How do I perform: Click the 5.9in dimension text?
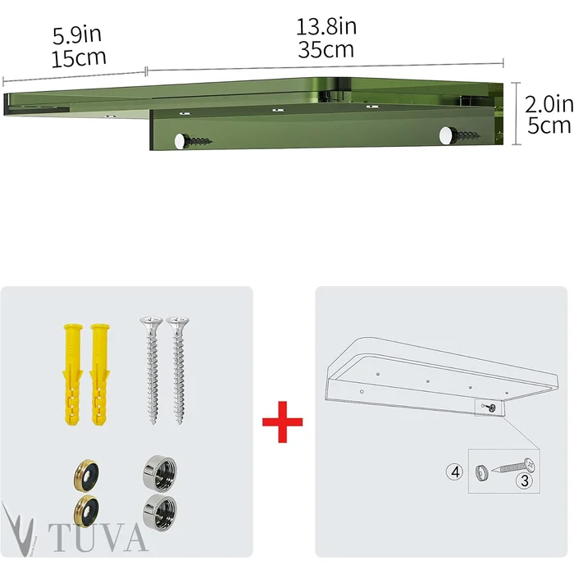click(x=77, y=35)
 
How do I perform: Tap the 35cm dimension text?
click(x=326, y=49)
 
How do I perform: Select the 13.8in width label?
click(x=326, y=27)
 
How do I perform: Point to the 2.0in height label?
click(x=549, y=104)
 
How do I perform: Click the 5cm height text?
click(x=549, y=125)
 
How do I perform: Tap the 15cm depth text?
click(x=79, y=58)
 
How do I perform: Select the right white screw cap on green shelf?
click(x=446, y=135)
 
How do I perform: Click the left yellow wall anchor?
click(x=73, y=374)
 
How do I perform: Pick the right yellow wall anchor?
click(x=100, y=374)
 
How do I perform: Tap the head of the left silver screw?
click(x=151, y=321)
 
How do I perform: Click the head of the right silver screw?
click(x=178, y=321)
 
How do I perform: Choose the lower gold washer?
click(x=86, y=511)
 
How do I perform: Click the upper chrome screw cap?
click(x=160, y=472)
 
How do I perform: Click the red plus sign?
click(x=282, y=421)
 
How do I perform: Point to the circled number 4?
click(x=455, y=471)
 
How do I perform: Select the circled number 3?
click(x=525, y=481)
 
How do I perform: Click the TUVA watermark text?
click(x=98, y=537)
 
